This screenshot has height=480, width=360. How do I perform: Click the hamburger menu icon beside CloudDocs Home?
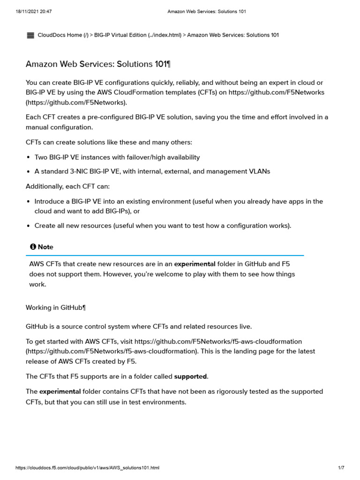coord(30,35)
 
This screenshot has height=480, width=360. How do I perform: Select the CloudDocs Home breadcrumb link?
coord(60,35)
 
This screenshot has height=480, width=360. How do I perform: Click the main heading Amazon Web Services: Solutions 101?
coord(101,64)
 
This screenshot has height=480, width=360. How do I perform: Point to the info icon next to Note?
coord(33,247)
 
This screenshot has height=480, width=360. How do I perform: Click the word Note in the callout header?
coord(45,247)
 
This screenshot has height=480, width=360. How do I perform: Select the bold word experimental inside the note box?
coord(195,264)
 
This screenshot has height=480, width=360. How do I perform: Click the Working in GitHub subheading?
coord(56,307)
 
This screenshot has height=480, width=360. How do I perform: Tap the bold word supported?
coord(190,376)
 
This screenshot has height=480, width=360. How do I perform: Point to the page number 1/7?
coord(341,468)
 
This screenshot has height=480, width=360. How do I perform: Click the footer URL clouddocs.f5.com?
coord(87,468)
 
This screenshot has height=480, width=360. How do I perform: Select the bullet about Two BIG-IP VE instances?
coord(117,157)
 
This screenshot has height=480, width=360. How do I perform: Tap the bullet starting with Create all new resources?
coord(163,225)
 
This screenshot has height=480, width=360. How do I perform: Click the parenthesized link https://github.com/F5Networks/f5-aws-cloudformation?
coord(111,351)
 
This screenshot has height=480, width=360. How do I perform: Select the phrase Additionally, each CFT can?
coord(67,186)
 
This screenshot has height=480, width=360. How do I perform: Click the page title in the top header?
coord(207,11)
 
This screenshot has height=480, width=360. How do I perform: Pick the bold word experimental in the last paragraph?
coord(60,391)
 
